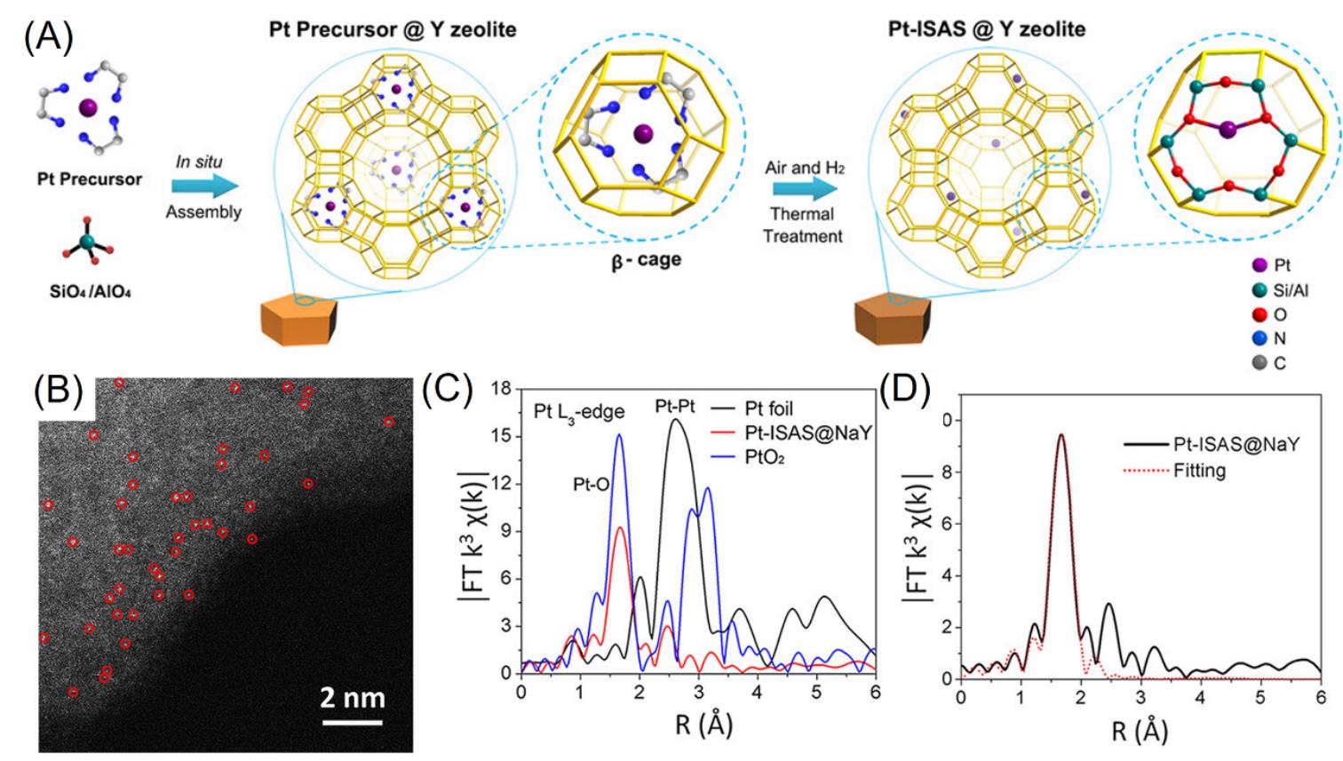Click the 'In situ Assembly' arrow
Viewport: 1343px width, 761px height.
[205, 186]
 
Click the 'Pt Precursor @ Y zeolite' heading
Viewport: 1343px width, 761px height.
[393, 30]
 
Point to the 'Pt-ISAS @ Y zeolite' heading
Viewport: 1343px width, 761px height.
[986, 28]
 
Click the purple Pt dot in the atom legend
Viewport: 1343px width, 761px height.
[1257, 265]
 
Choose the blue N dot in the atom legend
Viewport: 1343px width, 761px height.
[1257, 338]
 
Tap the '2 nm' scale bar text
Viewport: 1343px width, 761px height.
[353, 697]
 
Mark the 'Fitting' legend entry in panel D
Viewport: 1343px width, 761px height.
[1199, 470]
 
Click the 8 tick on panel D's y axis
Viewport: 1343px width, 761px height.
[947, 472]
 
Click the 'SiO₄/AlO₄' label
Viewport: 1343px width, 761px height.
[91, 291]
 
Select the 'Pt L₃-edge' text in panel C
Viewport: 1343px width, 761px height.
[578, 412]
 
